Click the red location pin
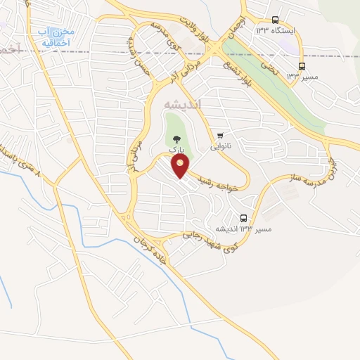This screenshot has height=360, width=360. point(181,166)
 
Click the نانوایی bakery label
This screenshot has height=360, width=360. point(221,147)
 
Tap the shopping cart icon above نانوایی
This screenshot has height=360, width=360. point(221,136)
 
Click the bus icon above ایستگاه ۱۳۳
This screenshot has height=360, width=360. point(275,21)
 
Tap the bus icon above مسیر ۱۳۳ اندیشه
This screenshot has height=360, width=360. point(243,218)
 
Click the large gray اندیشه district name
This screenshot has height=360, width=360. point(181,103)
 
